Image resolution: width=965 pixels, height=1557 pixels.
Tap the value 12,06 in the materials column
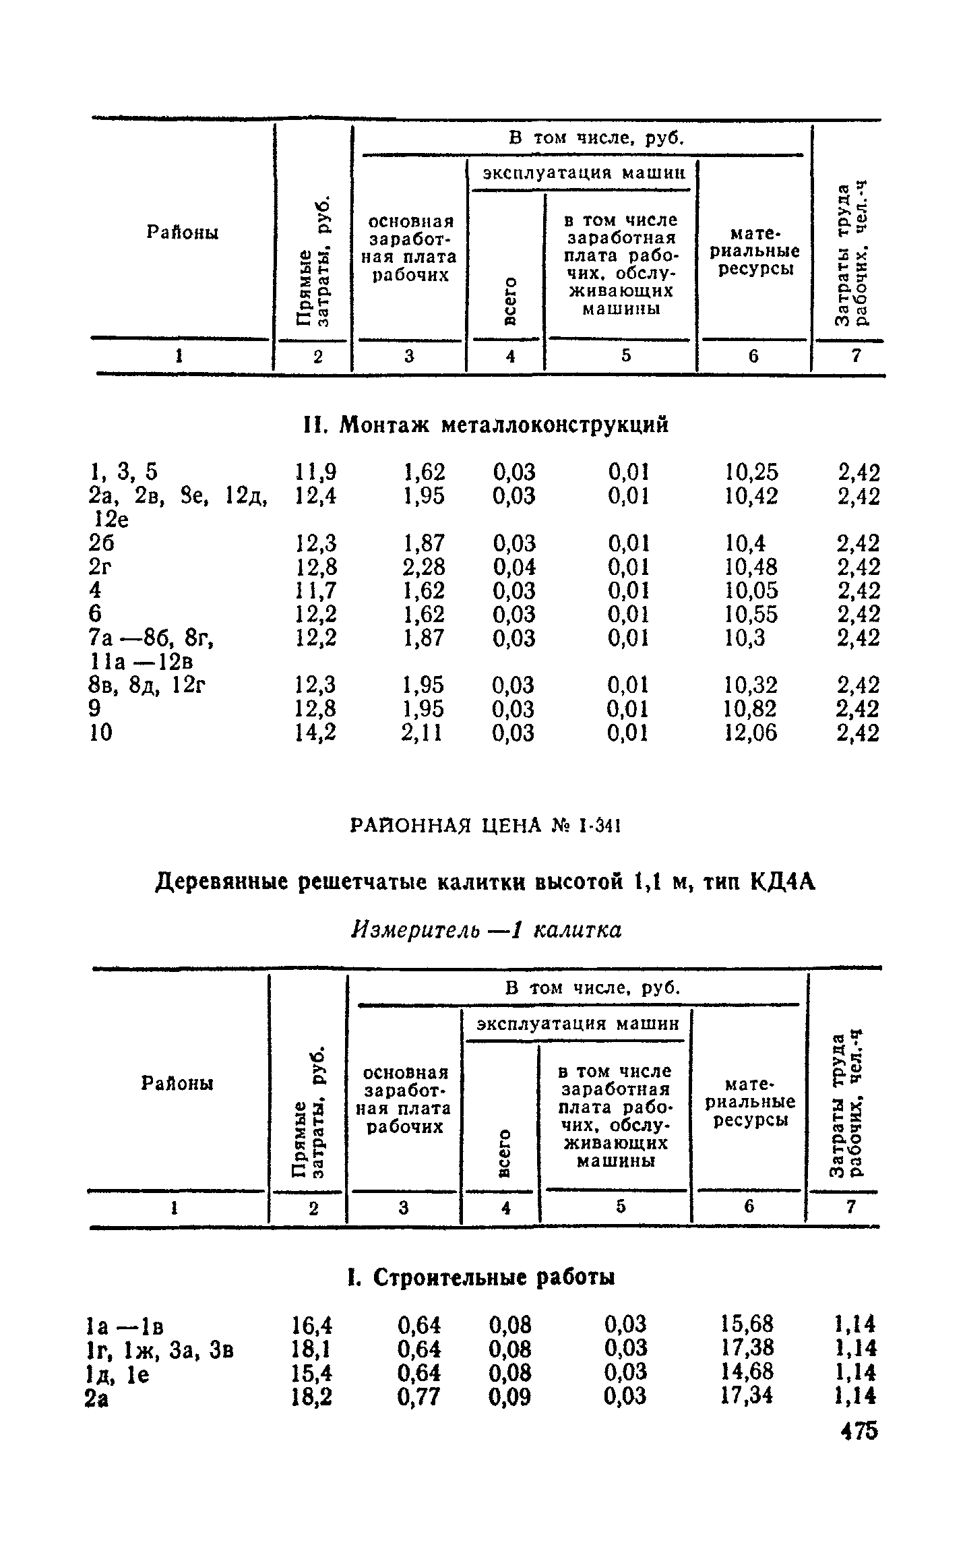tap(751, 733)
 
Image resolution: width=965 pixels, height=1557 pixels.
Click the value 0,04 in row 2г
tap(513, 567)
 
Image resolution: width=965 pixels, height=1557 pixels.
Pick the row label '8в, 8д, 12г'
tap(148, 685)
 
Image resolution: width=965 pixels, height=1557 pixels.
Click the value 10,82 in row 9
tap(751, 709)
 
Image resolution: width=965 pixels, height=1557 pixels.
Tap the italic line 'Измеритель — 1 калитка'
tap(486, 930)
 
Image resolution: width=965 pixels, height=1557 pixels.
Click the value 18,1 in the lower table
tap(311, 1349)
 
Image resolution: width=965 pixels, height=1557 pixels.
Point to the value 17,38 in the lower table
tap(747, 1349)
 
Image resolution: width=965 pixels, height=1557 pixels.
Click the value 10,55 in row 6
tap(751, 614)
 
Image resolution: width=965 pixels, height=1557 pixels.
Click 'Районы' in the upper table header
tap(183, 233)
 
